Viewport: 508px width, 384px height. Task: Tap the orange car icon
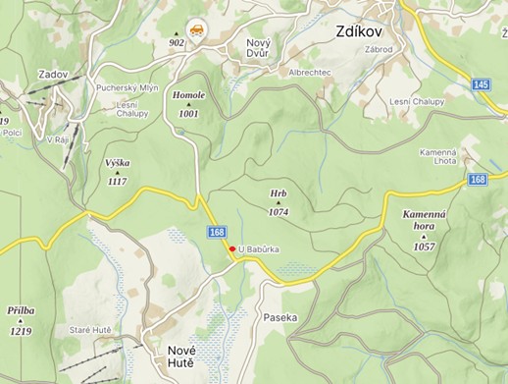click(197, 28)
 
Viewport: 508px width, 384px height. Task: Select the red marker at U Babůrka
click(232, 249)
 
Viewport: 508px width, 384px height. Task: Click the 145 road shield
click(481, 85)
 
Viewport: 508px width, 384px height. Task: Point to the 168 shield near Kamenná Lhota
click(478, 179)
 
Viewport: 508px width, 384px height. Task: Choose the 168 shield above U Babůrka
click(217, 232)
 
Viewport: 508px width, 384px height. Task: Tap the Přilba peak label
click(22, 310)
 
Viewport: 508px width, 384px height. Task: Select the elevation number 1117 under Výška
click(117, 181)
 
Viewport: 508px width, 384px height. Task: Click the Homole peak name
click(188, 97)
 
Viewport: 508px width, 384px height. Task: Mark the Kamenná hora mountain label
click(424, 220)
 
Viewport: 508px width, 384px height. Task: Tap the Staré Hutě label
click(95, 330)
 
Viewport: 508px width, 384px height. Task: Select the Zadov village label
click(54, 74)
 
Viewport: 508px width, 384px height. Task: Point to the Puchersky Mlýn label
click(128, 87)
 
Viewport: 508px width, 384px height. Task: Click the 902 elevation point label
click(177, 43)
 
